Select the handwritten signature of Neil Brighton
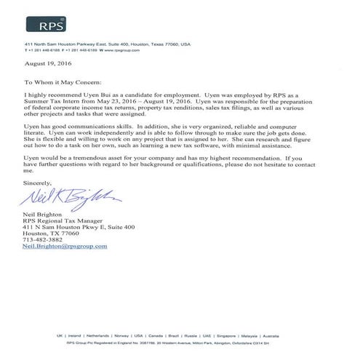pos(70,195)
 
